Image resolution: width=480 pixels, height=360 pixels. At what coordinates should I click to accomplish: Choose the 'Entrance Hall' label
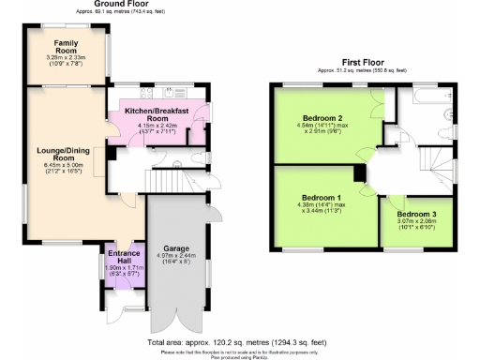pos(124,258)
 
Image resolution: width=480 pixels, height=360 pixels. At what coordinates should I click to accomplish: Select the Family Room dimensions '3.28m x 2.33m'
pos(67,59)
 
